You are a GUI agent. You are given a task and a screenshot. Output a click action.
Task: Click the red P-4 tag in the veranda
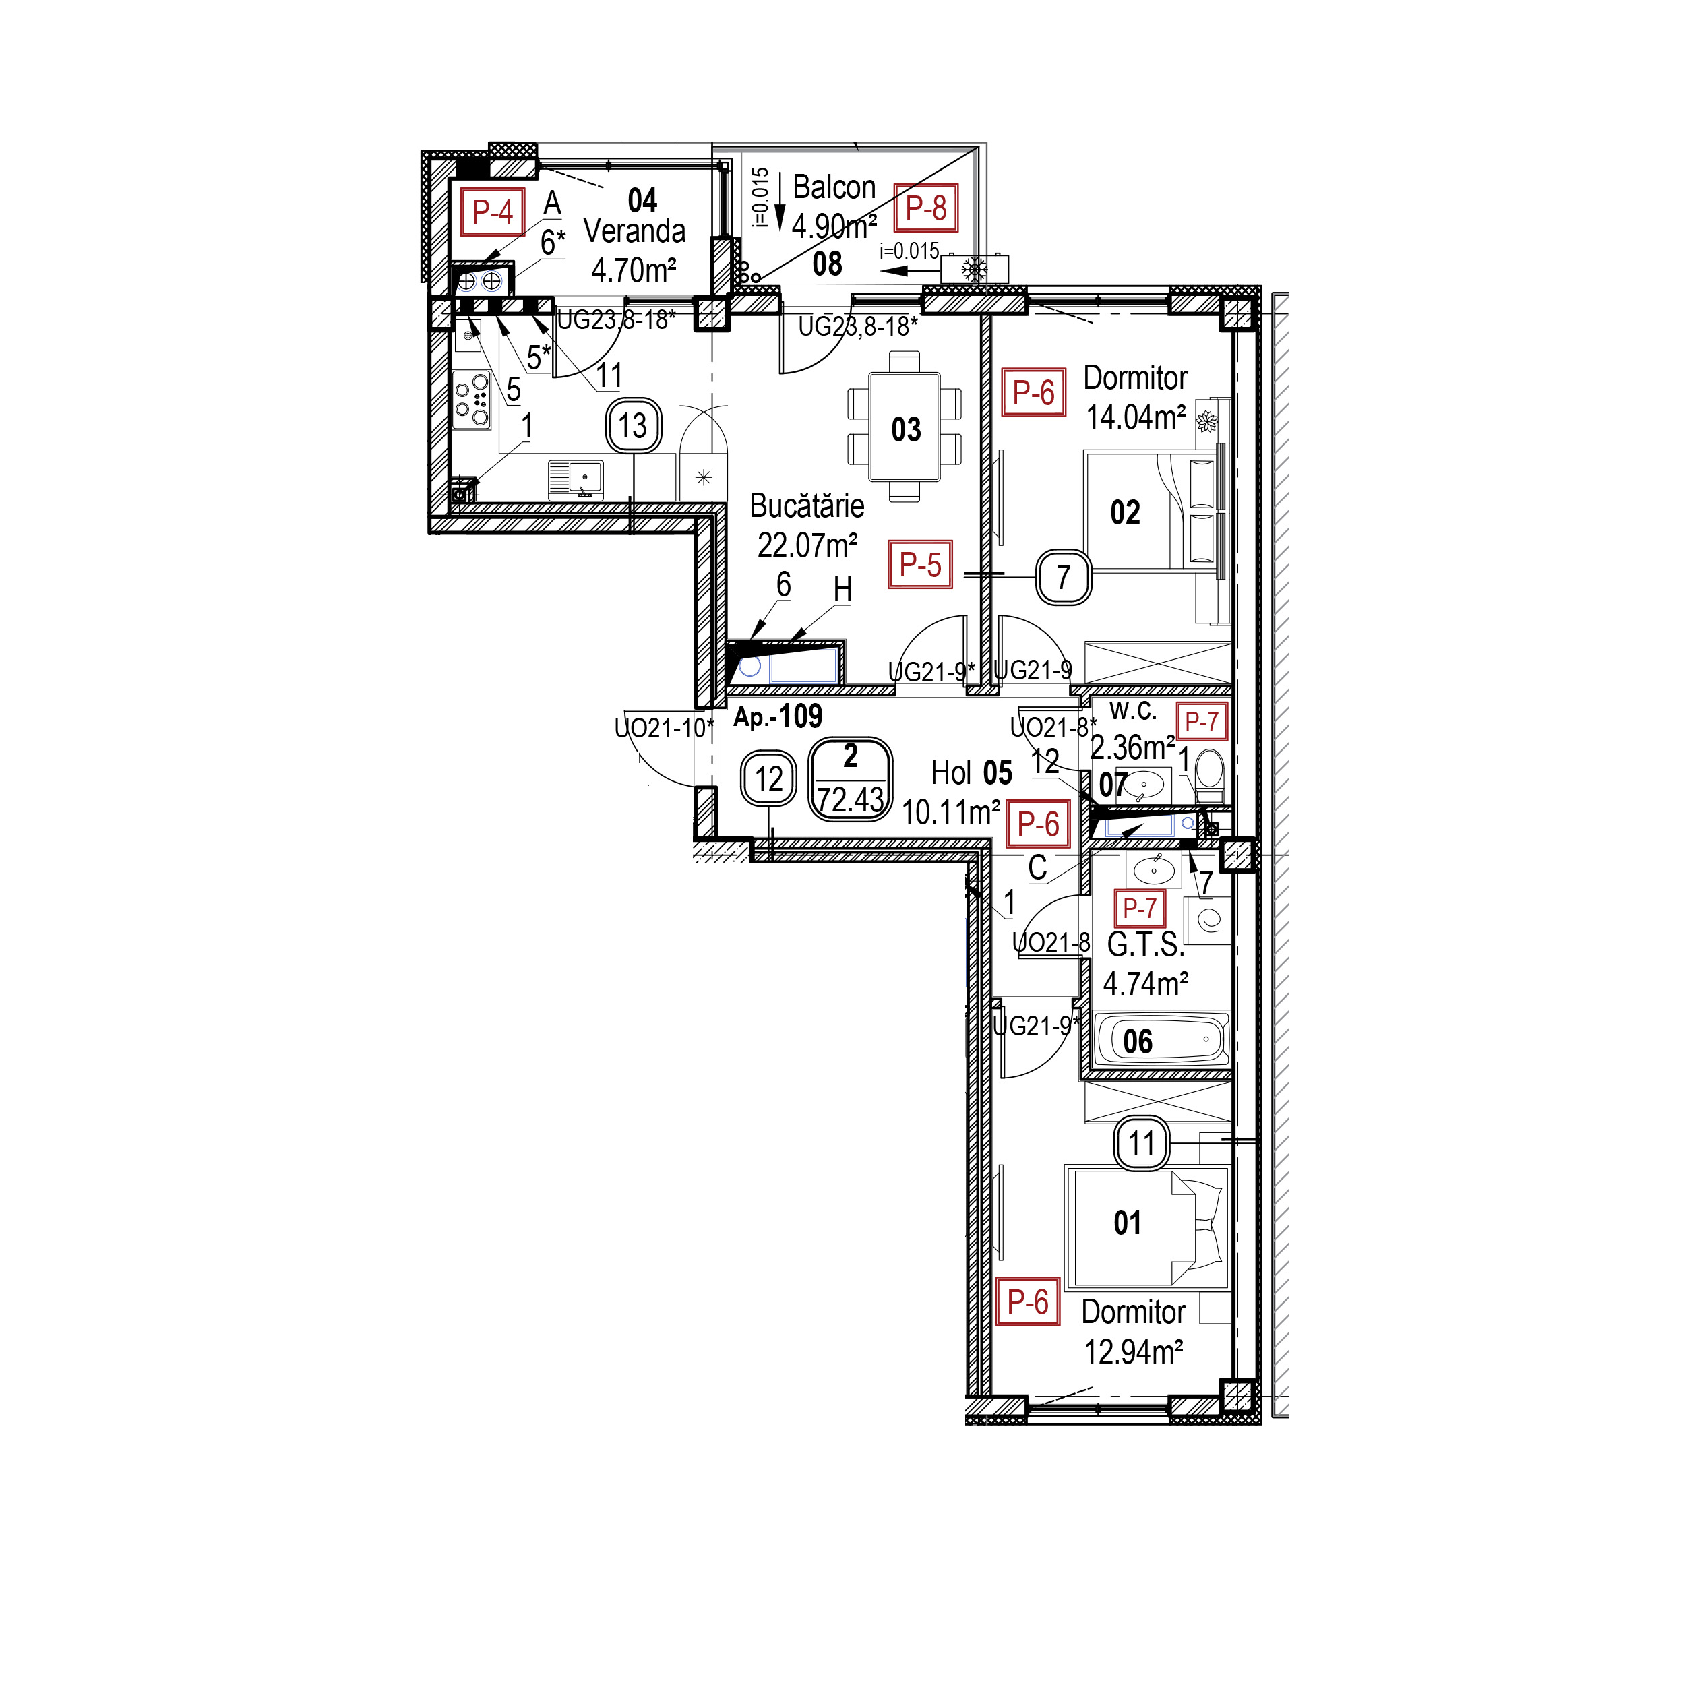click(493, 212)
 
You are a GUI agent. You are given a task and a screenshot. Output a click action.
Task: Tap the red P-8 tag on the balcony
click(926, 208)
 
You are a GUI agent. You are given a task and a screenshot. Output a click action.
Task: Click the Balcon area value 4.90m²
click(834, 226)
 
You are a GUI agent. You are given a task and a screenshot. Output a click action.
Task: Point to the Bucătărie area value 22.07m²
click(807, 545)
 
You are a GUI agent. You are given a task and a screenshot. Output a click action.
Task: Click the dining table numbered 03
click(905, 427)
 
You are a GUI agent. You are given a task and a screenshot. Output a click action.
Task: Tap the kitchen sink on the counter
click(576, 480)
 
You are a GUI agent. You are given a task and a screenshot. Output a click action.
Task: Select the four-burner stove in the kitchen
click(472, 401)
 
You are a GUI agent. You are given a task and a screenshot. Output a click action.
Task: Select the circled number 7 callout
click(1063, 578)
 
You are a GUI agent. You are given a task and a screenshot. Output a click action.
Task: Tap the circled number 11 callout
click(1142, 1143)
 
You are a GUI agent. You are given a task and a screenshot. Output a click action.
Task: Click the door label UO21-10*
click(664, 727)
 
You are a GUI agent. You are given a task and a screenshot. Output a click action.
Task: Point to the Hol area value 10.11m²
click(950, 813)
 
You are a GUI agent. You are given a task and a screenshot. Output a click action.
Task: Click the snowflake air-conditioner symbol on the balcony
click(974, 270)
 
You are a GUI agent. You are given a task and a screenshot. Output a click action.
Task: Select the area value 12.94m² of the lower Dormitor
click(1133, 1352)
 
